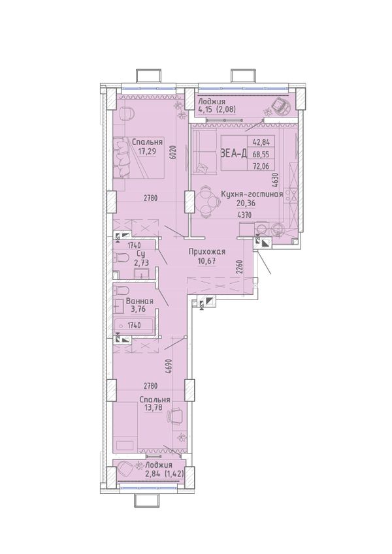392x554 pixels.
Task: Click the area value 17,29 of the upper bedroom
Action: tap(147, 152)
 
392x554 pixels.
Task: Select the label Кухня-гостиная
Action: tap(252, 194)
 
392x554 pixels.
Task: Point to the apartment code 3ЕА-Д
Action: tap(234, 153)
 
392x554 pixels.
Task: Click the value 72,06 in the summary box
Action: tap(261, 164)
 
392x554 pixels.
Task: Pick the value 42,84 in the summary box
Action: tap(261, 142)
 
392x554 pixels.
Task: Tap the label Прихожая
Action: tap(207, 252)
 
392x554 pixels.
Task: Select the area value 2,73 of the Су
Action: tap(140, 262)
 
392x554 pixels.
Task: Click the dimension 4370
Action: tap(245, 214)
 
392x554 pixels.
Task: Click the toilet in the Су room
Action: tap(120, 258)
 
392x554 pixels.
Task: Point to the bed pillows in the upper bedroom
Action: tap(122, 158)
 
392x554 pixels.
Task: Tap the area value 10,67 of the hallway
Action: tap(207, 262)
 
